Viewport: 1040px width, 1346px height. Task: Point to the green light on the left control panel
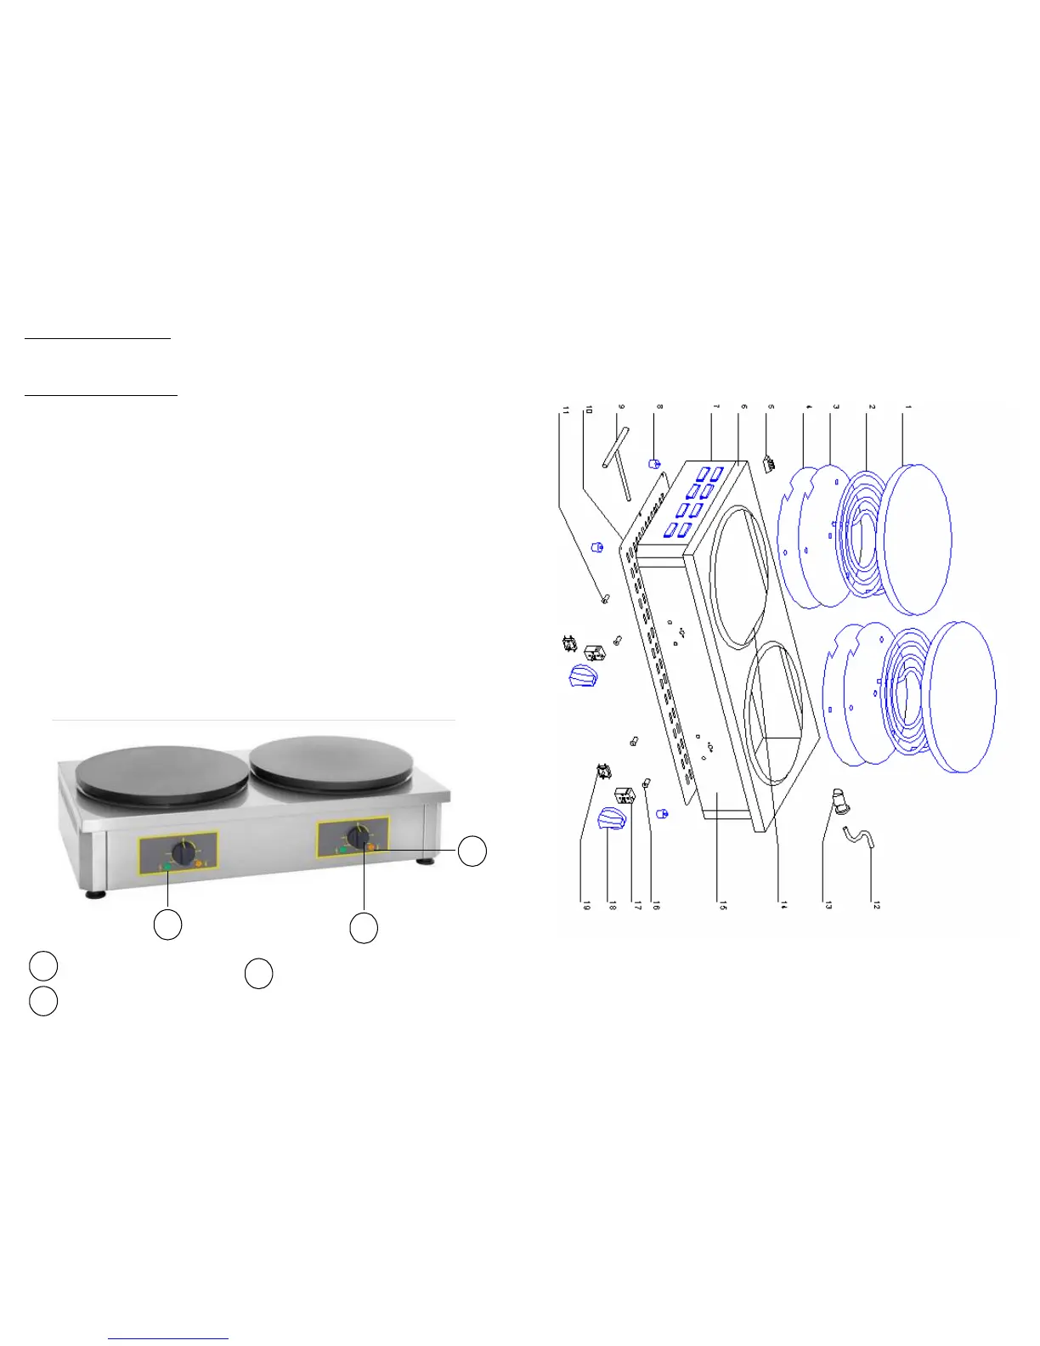167,867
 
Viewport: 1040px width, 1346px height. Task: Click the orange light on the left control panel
200,865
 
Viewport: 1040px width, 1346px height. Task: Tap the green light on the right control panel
342,849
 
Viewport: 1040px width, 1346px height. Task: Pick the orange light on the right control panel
371,846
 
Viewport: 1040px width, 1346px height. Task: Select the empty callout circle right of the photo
472,851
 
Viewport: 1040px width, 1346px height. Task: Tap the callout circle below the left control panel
167,925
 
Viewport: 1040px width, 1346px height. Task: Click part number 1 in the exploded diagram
907,409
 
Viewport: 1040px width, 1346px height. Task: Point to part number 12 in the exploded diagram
876,907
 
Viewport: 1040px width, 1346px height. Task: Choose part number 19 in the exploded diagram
585,907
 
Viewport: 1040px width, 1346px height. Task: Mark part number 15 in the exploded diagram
723,907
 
